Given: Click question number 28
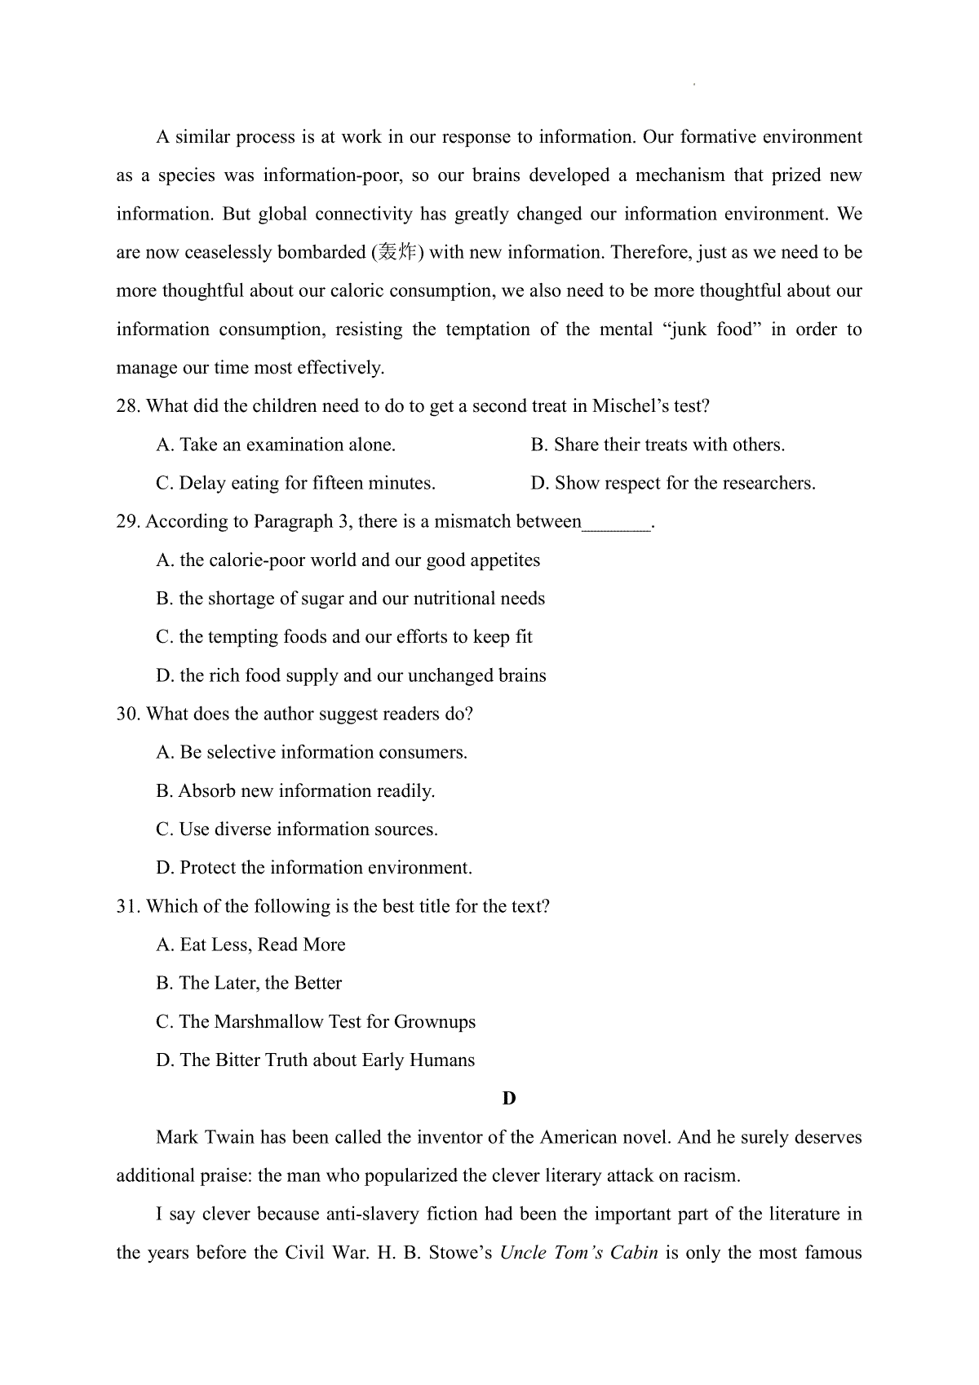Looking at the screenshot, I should (x=128, y=406).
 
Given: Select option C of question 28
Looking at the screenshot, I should (x=295, y=483).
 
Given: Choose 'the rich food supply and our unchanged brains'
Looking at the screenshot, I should (x=351, y=675).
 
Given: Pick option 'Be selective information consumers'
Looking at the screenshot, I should (x=312, y=752).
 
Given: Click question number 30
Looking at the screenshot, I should (x=128, y=714).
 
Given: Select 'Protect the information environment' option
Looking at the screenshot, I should (x=314, y=867).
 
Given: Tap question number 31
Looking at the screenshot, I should (x=128, y=906).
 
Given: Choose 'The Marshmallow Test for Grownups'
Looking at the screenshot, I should (x=316, y=1021).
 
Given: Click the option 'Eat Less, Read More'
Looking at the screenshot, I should (x=250, y=945).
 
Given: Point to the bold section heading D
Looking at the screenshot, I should (x=509, y=1098).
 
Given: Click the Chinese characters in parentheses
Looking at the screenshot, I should (x=397, y=253).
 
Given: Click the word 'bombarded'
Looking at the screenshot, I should (x=321, y=253).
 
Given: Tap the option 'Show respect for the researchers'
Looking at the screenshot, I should (x=673, y=483).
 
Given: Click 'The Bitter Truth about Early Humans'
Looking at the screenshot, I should (x=316, y=1060).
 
